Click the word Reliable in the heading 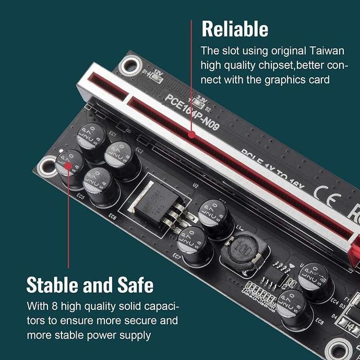(x=235, y=29)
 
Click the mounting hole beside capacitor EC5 (x=48, y=166)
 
